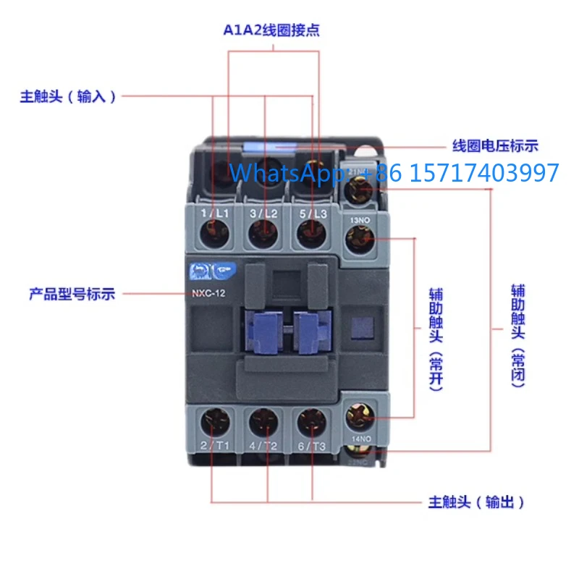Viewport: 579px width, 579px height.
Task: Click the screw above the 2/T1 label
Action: [216, 420]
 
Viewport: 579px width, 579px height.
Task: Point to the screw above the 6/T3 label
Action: [312, 420]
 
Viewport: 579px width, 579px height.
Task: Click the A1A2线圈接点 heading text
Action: [271, 30]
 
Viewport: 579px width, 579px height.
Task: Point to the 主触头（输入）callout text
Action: [68, 97]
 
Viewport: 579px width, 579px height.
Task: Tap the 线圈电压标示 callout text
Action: [495, 145]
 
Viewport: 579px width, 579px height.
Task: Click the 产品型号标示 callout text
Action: [72, 294]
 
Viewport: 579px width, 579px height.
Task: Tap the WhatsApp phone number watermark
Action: [394, 172]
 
